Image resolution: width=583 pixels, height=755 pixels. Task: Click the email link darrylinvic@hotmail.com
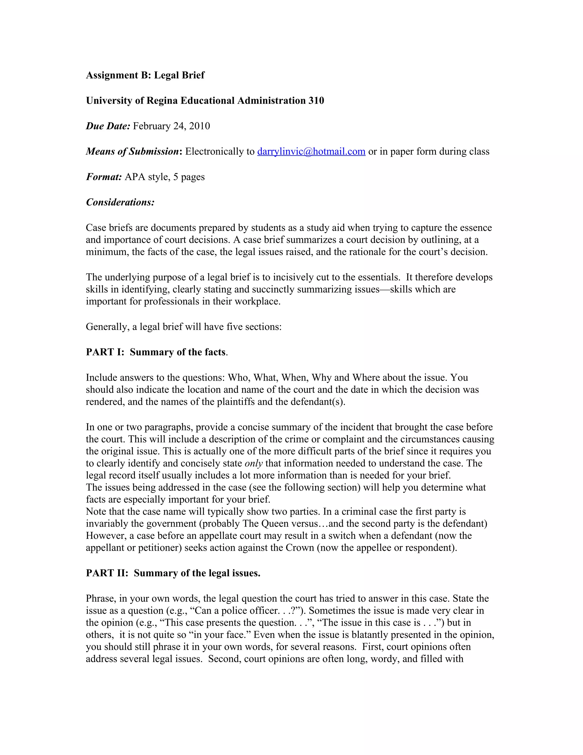pos(311,151)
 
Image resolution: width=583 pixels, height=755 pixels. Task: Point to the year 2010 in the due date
pos(199,126)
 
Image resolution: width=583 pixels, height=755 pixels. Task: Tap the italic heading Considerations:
pos(120,202)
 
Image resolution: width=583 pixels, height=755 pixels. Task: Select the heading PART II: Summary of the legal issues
pos(173,573)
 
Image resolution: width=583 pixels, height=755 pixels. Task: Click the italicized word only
pos(254,463)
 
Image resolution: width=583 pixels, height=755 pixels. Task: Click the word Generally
pos(107,327)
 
